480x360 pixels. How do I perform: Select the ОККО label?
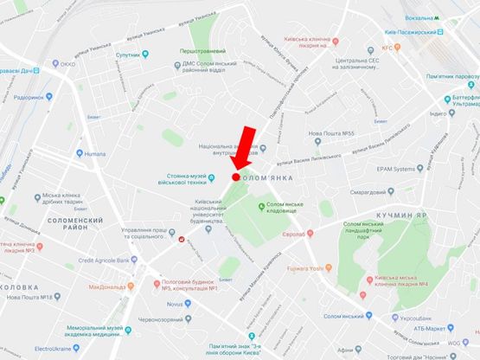[x=67, y=62]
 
